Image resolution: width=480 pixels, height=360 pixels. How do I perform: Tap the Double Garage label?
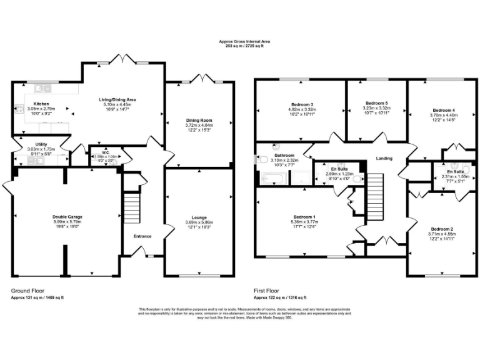coord(67,217)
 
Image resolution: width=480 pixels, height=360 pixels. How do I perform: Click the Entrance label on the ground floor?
coord(142,236)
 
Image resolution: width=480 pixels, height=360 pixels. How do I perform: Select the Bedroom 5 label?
coord(377,102)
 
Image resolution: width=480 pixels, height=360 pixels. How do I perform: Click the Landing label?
coord(384,158)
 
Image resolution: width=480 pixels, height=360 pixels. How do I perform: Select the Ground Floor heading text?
coord(27,291)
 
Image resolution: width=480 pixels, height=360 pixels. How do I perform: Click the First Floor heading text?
coord(267,291)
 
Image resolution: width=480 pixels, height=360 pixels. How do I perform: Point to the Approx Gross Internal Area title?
coord(240,41)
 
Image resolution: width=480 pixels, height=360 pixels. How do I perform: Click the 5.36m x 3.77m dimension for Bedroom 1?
coord(305,221)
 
